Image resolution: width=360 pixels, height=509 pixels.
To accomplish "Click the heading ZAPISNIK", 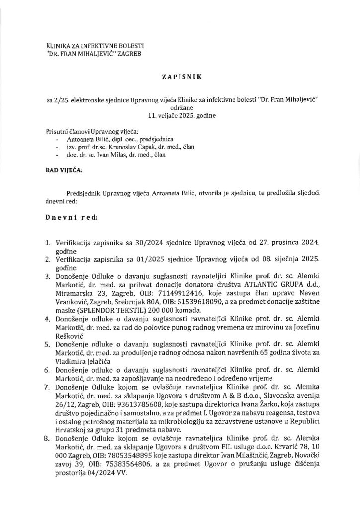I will (x=180, y=78).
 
